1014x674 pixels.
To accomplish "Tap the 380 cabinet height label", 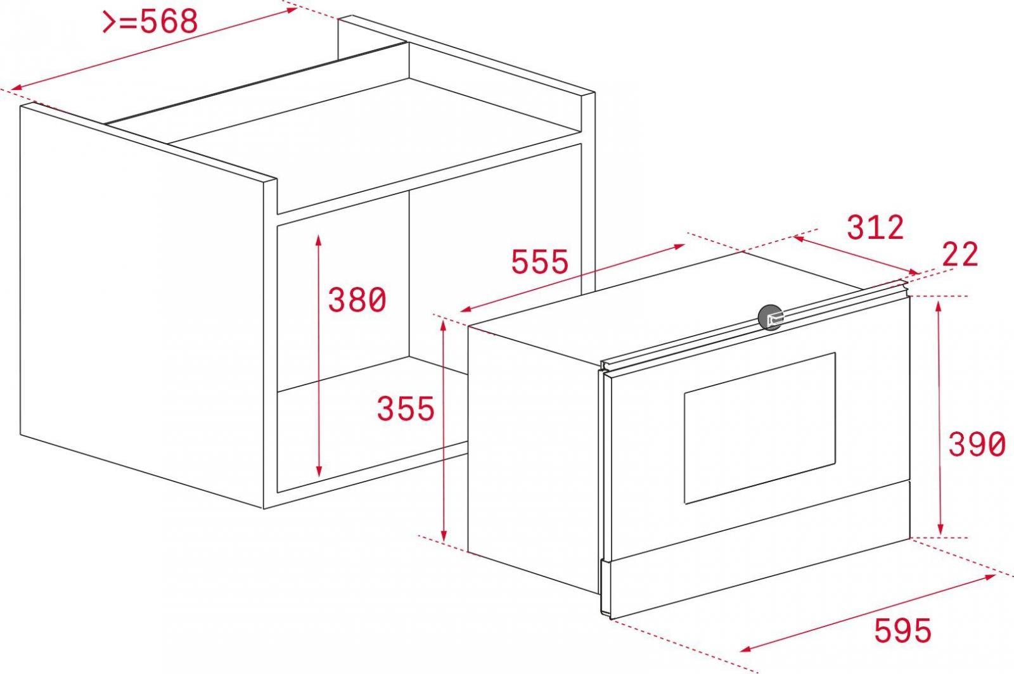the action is click(357, 300).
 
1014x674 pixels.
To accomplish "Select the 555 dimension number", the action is click(539, 262).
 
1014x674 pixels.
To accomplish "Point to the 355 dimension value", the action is click(406, 409).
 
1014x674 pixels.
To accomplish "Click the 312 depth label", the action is click(875, 227).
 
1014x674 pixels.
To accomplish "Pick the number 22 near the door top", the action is click(960, 254).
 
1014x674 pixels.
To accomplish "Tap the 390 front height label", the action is click(977, 444).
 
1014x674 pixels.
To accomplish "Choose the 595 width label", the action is click(902, 630).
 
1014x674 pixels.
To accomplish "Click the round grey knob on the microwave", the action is click(771, 317).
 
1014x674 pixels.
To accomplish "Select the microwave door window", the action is click(760, 428).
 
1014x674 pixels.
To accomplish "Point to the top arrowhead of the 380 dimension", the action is click(319, 240).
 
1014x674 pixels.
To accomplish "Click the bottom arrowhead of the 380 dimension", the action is click(319, 471).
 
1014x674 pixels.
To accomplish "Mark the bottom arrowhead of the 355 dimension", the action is click(444, 535).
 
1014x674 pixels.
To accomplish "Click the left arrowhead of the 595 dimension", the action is click(747, 649).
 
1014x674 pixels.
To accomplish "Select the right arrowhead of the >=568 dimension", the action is click(291, 10).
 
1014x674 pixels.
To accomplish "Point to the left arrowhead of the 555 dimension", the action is click(466, 309).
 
